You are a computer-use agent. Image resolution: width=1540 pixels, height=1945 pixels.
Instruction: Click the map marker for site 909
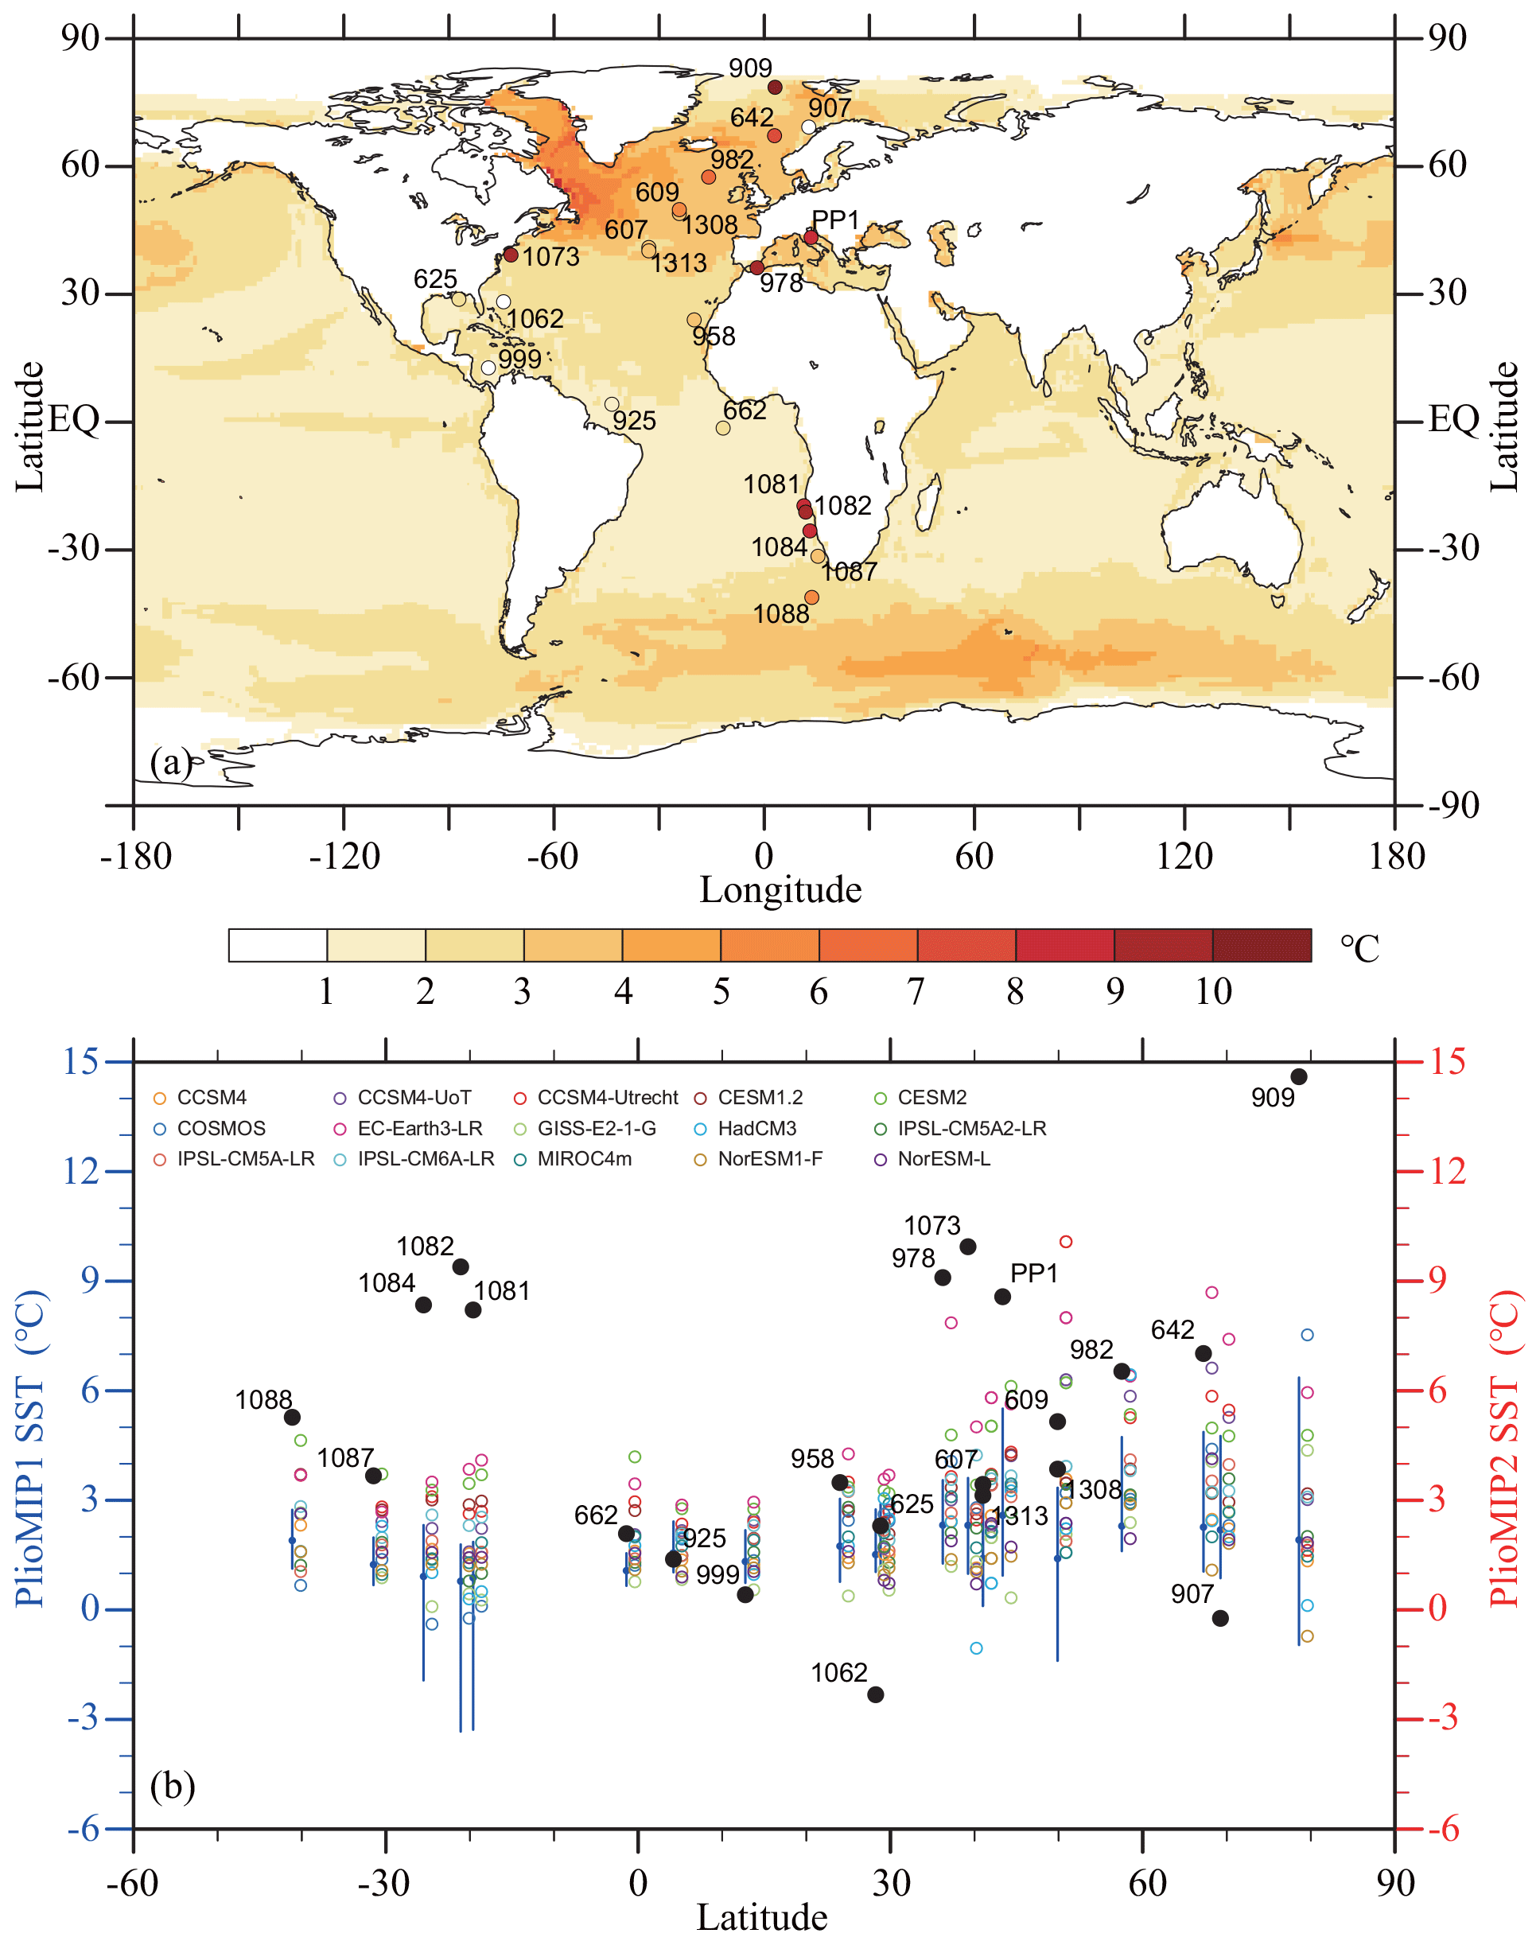click(x=775, y=88)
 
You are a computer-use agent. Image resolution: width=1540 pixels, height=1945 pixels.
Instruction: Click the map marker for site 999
click(x=488, y=368)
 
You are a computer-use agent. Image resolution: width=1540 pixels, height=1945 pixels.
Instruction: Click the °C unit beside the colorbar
click(x=1359, y=948)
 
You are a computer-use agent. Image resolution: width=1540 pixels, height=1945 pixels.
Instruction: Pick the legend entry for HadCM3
click(x=756, y=1128)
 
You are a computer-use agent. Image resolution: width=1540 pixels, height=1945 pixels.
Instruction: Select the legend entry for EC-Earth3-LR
click(x=418, y=1128)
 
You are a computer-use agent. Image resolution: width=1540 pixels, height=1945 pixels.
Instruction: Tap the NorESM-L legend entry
click(x=942, y=1159)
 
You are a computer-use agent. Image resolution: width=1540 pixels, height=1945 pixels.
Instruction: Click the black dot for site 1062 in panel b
click(x=874, y=1694)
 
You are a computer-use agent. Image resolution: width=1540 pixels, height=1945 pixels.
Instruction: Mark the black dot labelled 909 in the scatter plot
click(x=1298, y=1076)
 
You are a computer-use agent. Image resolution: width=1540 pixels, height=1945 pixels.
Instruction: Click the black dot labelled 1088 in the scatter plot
click(x=292, y=1417)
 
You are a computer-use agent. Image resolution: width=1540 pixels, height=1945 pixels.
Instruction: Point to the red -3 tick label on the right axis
click(x=1443, y=1717)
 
